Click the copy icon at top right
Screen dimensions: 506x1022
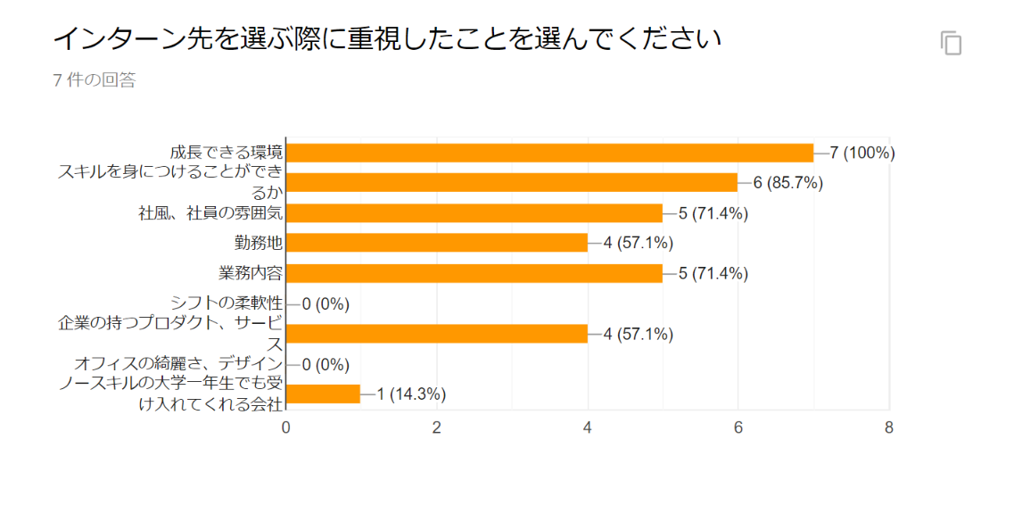[952, 43]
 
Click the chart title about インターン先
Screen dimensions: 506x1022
[386, 39]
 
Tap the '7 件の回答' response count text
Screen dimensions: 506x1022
[95, 80]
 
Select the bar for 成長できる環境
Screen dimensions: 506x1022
[549, 153]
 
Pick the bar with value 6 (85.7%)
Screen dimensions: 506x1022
[512, 183]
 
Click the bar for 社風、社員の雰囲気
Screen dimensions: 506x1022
[474, 213]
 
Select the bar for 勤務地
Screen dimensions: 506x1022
[437, 243]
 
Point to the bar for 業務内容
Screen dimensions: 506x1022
[474, 273]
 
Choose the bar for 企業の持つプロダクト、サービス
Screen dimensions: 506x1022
[437, 334]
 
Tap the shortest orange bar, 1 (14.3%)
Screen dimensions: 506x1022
[324, 394]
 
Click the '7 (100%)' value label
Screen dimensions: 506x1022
[861, 153]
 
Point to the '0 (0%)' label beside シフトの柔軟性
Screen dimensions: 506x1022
[326, 303]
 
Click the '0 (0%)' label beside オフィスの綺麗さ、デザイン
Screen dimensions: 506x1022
[326, 364]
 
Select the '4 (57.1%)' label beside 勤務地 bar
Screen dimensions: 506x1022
[638, 243]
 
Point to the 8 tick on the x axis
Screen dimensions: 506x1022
[889, 427]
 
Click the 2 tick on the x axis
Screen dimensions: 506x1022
[437, 427]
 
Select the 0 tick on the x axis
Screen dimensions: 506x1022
[286, 427]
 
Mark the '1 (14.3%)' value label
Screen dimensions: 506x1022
[411, 394]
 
